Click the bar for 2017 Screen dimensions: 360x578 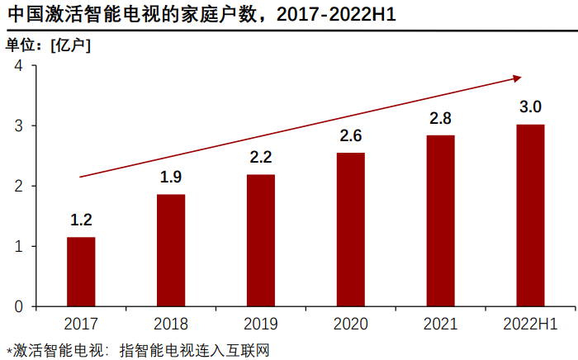pos(81,272)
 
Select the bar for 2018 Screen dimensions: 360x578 pos(171,250)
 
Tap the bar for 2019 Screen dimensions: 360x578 pos(261,240)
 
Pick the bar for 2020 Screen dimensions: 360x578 pos(351,230)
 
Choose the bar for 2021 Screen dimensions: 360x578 pos(441,220)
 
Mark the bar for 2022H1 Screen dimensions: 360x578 pos(530,215)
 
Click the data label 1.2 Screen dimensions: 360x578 pos(81,220)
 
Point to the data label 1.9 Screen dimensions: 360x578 pos(171,177)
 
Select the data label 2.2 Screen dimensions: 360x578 pos(261,157)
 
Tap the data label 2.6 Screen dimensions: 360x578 pos(351,135)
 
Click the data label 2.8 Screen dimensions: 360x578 pos(441,118)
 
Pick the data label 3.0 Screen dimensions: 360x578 pos(530,107)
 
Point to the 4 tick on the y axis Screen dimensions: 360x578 pos(18,65)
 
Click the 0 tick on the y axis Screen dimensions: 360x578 pos(18,306)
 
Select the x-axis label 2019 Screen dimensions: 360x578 pos(261,324)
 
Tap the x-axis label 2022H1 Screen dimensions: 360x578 pos(530,324)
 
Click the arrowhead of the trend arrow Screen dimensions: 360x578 pos(517,78)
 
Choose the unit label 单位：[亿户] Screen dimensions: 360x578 pos(49,45)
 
